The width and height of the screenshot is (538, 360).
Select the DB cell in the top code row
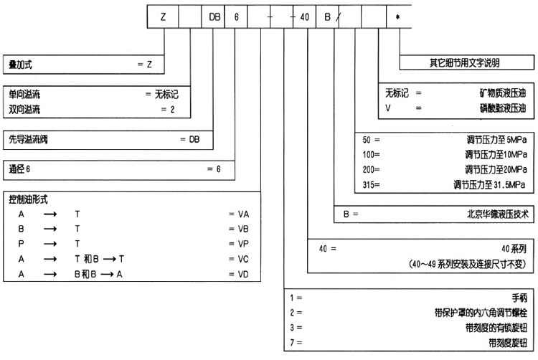coord(214,15)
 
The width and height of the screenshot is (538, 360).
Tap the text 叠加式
coord(21,65)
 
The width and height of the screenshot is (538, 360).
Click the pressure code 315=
coord(372,185)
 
